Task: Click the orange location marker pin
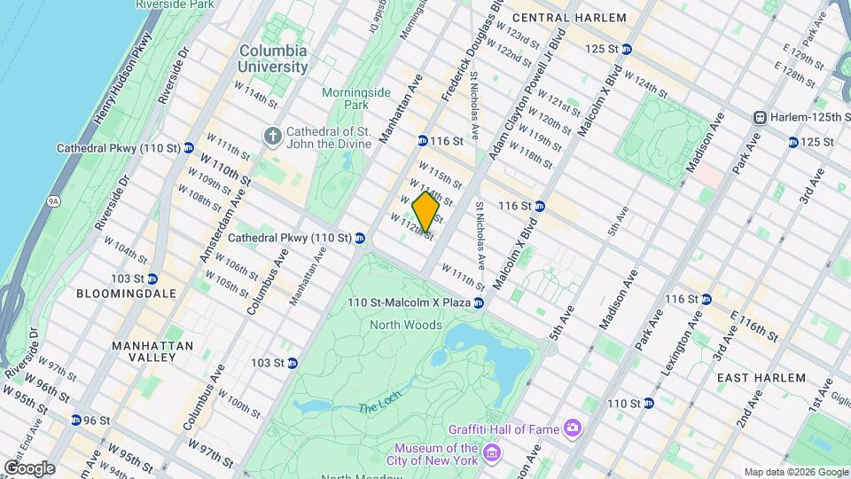tap(426, 211)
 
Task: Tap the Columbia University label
tap(273, 59)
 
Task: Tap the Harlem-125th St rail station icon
tap(760, 118)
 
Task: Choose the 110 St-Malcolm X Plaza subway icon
tap(479, 303)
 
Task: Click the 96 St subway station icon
tap(77, 420)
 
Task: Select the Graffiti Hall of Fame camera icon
tap(573, 429)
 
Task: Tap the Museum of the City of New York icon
tap(492, 455)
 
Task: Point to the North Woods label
tap(407, 325)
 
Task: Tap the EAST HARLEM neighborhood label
tap(761, 378)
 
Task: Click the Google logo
tap(29, 467)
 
